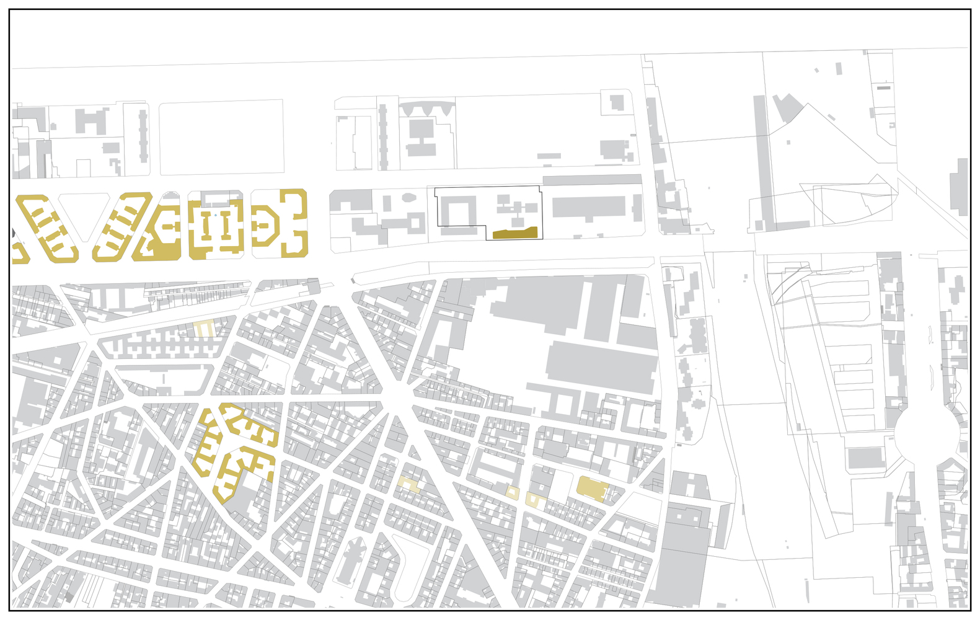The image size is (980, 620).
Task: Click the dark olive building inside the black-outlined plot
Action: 514,233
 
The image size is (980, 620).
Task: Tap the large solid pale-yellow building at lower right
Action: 591,487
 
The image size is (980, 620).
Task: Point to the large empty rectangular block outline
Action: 221,137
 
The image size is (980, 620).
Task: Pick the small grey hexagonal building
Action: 409,198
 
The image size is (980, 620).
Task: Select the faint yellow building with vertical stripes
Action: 203,329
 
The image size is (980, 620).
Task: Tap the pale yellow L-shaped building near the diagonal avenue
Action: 409,485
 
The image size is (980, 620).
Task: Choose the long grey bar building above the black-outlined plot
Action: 592,180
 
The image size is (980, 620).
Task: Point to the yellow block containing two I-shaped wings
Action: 216,225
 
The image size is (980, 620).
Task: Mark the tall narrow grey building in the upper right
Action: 761,161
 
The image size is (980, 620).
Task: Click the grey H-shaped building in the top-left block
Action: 90,122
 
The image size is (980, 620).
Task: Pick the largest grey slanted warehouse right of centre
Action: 601,366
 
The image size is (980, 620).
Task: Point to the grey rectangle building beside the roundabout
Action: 865,458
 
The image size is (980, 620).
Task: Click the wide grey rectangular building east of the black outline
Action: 588,206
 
